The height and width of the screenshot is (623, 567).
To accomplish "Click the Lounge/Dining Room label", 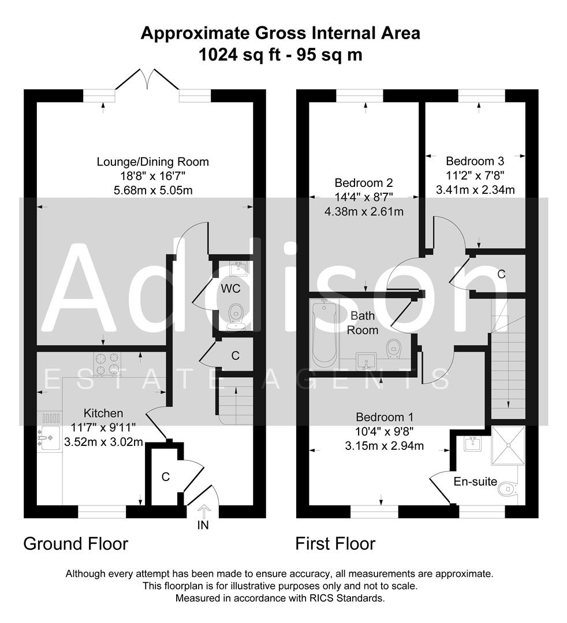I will point(152,162).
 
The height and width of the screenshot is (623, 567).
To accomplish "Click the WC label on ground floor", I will point(234,287).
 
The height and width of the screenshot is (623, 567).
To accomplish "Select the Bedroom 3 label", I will point(471,162).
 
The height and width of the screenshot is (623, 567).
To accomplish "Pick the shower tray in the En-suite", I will point(508,445).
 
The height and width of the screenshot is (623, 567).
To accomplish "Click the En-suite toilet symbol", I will point(506,490).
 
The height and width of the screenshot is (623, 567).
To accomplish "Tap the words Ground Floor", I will point(76,543).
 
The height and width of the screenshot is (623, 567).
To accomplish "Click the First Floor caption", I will point(335,543).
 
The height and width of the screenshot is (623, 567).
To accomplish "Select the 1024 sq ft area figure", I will point(232,55).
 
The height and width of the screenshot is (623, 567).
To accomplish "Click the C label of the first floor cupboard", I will point(501,275).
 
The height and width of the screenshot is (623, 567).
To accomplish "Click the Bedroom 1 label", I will point(385,417).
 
